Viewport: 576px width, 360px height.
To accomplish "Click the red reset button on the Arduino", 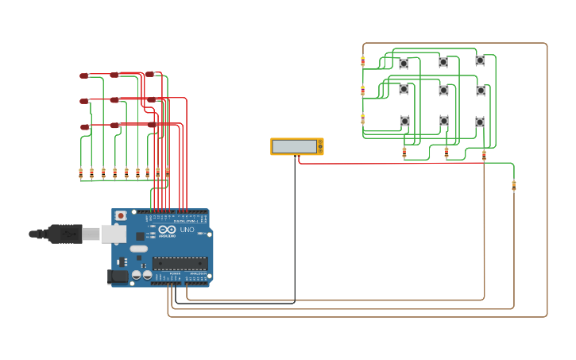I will coord(121,215).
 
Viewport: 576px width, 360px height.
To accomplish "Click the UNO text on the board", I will coord(187,230).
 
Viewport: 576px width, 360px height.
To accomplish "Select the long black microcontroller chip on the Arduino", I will coord(180,263).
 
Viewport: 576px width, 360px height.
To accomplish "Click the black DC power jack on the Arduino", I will coord(116,276).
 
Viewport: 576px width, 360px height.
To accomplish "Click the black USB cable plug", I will coord(64,234).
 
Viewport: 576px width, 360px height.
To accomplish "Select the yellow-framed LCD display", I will coord(296,146).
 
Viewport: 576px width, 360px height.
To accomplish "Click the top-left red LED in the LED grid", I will coord(83,76).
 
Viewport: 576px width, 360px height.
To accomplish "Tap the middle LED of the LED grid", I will coord(115,100).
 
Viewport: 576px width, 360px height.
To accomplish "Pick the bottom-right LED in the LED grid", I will coord(151,125).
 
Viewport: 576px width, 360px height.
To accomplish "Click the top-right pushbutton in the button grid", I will coord(480,60).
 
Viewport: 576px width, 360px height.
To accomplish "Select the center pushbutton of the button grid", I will coord(443,91).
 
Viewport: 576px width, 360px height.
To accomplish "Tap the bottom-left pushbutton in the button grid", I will coord(404,121).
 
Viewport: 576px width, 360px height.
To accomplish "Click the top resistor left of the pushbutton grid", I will coord(363,60).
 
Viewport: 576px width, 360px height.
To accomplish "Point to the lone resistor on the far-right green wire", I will coord(513,185).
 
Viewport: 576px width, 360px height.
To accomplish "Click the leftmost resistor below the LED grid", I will coord(80,172).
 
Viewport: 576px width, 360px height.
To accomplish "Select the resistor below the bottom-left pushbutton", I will coord(404,151).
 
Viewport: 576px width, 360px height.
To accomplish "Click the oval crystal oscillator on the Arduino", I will coord(139,249).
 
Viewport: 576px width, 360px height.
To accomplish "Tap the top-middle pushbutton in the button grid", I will coord(443,62).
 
